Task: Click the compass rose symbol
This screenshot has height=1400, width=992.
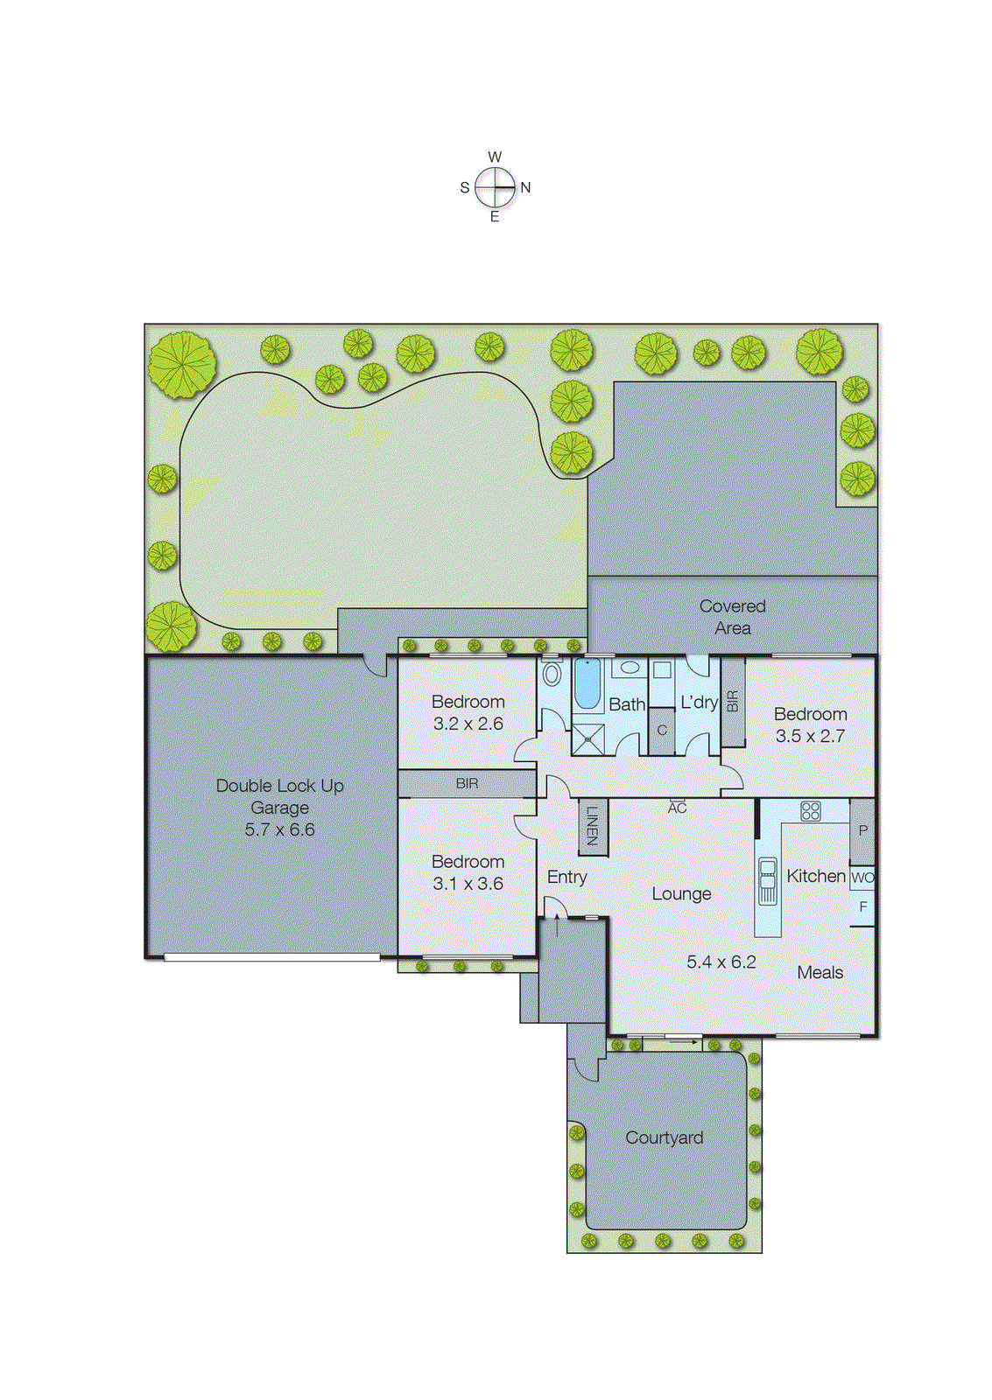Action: [496, 186]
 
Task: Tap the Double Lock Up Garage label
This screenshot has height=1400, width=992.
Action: [279, 796]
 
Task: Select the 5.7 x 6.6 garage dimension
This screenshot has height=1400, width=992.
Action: [279, 829]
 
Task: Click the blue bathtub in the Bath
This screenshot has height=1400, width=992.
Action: [587, 684]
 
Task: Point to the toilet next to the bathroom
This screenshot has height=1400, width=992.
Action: [552, 674]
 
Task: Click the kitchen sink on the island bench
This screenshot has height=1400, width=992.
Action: [768, 880]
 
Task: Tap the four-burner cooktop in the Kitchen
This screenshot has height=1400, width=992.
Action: [811, 811]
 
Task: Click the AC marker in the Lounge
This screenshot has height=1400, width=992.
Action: [677, 808]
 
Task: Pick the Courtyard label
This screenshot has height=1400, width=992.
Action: [664, 1137]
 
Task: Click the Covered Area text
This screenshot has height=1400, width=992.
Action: [732, 617]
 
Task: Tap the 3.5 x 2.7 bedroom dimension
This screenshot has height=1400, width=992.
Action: [810, 736]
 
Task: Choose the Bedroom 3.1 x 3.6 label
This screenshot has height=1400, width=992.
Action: [468, 872]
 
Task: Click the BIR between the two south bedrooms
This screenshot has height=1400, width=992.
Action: [467, 783]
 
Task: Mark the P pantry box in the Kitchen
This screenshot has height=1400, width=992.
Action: [862, 830]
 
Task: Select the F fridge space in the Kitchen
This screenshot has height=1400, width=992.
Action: [862, 907]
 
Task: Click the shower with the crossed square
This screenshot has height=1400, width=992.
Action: [588, 738]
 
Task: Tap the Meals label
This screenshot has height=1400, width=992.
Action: [820, 972]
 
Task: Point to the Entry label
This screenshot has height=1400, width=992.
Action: [566, 877]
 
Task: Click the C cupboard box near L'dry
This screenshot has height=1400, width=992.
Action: [662, 730]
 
